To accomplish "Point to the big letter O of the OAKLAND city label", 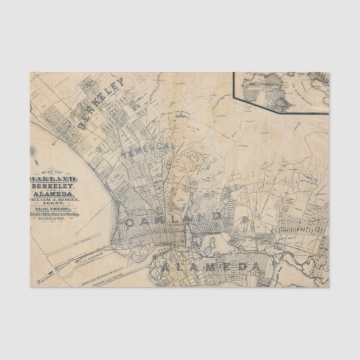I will [x=132, y=222].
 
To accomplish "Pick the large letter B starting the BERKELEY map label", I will [x=84, y=125].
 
